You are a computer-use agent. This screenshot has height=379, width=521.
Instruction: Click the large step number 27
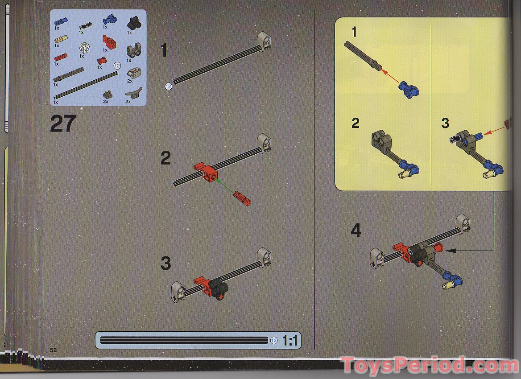[x=62, y=124]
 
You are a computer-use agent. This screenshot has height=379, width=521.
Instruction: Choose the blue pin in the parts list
[x=60, y=21]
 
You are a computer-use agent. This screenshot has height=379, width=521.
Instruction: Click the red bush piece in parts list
[x=103, y=61]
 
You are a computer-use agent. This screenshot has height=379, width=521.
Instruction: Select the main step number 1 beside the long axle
[x=164, y=50]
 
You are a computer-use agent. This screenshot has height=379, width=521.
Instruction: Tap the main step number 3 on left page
[x=165, y=264]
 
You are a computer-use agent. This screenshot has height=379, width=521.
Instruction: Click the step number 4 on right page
[x=356, y=231]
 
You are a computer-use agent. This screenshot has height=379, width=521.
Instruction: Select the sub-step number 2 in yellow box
[x=355, y=123]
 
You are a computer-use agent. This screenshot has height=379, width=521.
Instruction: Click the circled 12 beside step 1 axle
[x=169, y=87]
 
